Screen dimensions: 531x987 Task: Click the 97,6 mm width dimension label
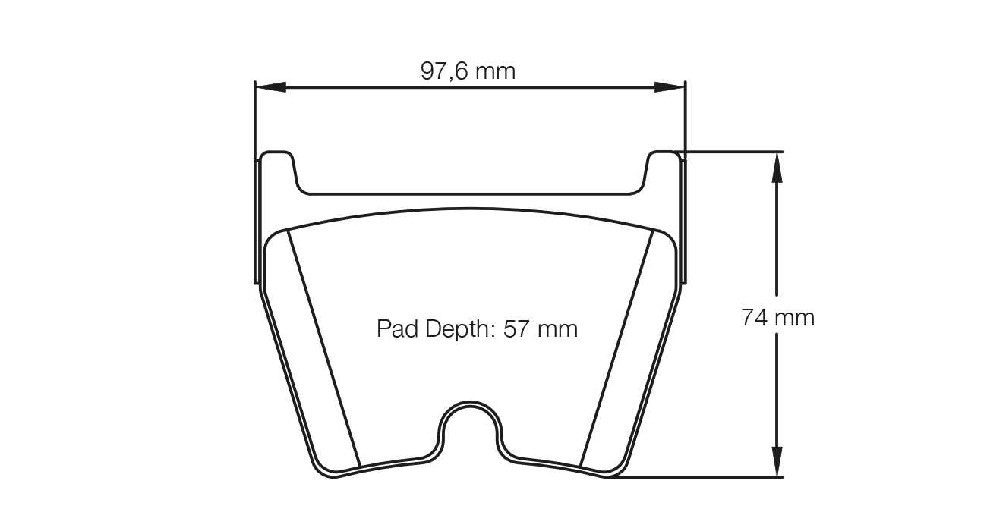468,71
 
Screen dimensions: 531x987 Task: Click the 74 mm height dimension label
777,317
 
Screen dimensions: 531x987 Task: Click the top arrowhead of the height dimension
776,167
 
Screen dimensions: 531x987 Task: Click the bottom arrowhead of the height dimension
776,462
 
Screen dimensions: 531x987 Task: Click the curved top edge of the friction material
471,209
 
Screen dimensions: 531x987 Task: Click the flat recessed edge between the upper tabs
471,194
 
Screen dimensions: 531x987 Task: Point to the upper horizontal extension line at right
733,152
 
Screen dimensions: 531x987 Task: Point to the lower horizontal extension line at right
698,477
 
